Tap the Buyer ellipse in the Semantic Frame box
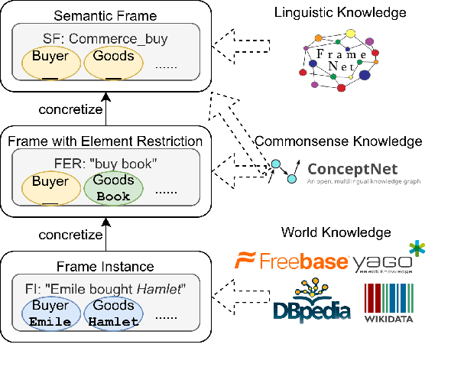coord(51,62)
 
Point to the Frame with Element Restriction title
coord(105,141)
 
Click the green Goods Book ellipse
coord(113,188)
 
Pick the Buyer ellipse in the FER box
coord(51,188)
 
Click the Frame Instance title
coord(106,267)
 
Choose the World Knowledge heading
coord(336,232)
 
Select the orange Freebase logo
coord(291,262)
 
